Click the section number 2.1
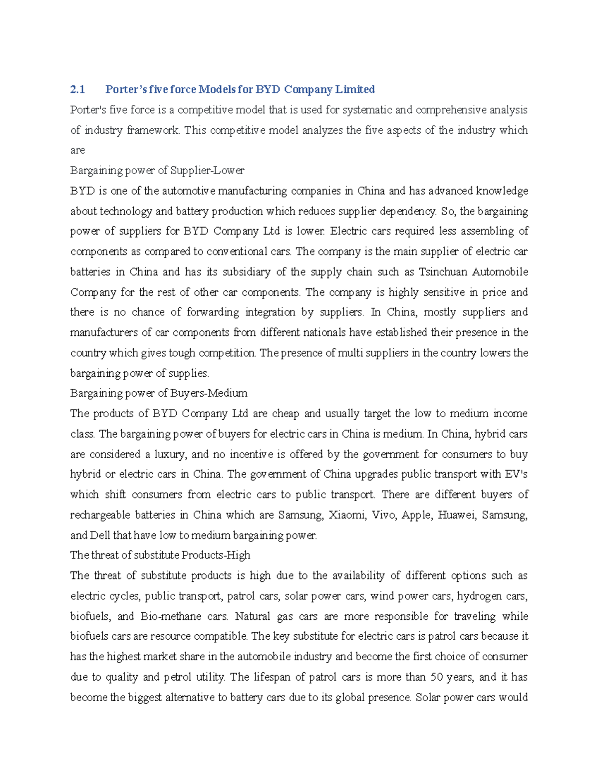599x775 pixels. pos(77,89)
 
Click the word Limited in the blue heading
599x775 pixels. pos(354,89)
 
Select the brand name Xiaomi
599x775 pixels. pos(346,515)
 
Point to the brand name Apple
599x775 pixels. pos(416,515)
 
